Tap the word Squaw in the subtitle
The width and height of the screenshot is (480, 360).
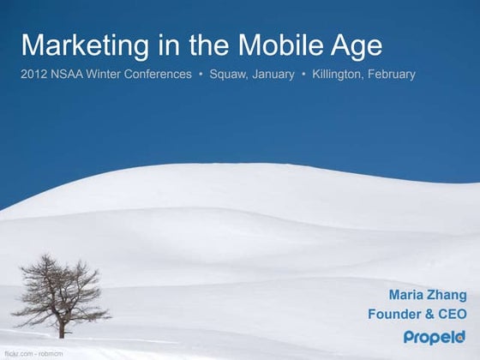(x=230, y=75)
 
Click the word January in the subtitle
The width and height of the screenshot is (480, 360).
(x=274, y=75)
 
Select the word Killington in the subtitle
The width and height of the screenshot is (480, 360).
(x=339, y=75)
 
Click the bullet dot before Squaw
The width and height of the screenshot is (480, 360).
(x=201, y=75)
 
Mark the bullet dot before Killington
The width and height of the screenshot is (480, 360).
(x=303, y=75)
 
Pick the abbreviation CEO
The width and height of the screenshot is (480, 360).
(x=453, y=314)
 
